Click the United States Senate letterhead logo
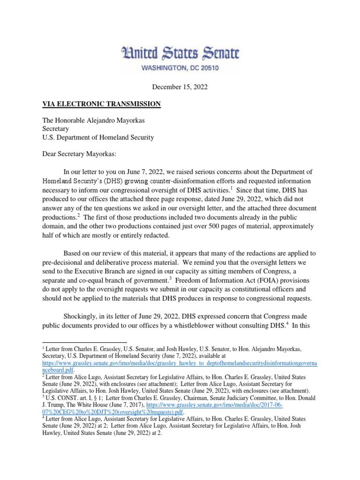pyautogui.click(x=180, y=52)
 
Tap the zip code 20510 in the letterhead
pyautogui.click(x=206, y=67)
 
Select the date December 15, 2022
pyautogui.click(x=180, y=87)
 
